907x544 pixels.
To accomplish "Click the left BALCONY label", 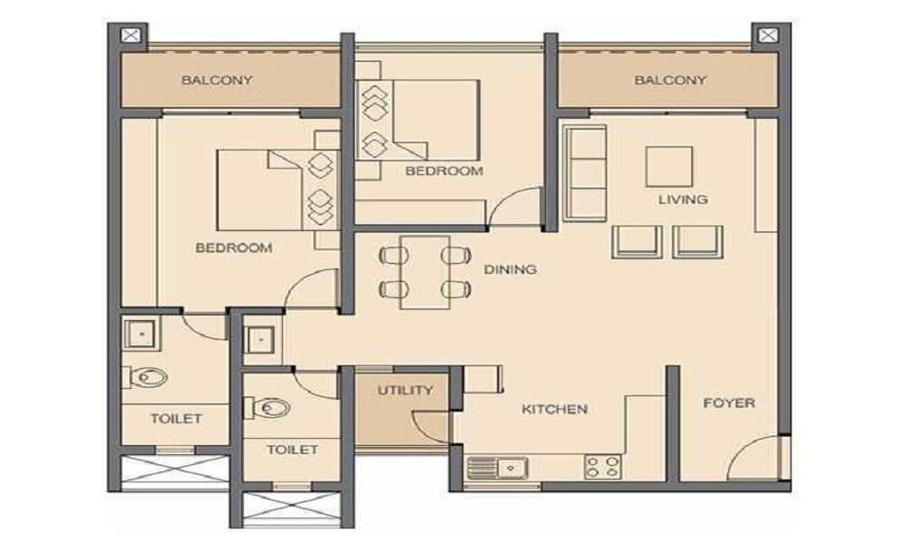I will (x=217, y=80).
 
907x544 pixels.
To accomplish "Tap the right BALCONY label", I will (x=670, y=80).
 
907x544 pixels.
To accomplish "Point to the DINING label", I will (x=510, y=269).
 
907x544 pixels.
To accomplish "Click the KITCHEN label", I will (x=554, y=409).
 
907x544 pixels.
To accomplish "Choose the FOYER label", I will (x=728, y=403).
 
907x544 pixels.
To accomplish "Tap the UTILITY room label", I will (x=405, y=391).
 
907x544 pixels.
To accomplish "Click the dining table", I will (x=424, y=269).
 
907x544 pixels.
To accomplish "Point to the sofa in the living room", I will (x=585, y=172).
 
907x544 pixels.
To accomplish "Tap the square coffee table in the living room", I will (x=668, y=166).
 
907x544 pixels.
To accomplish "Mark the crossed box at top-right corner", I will (x=766, y=35).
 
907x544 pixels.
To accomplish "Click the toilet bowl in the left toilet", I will (x=149, y=376).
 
